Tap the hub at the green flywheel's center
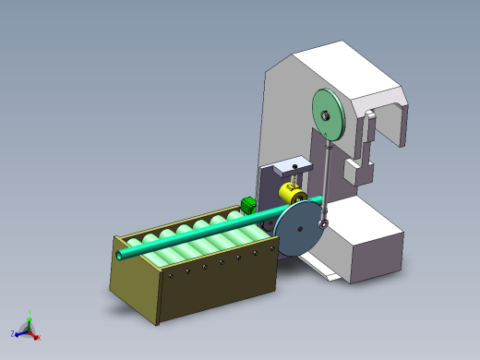(x=326, y=114)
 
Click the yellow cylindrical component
(x=291, y=195)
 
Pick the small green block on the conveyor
(x=247, y=205)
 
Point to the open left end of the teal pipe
(x=121, y=252)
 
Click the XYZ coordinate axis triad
(x=28, y=328)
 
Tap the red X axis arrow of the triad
(x=38, y=336)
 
